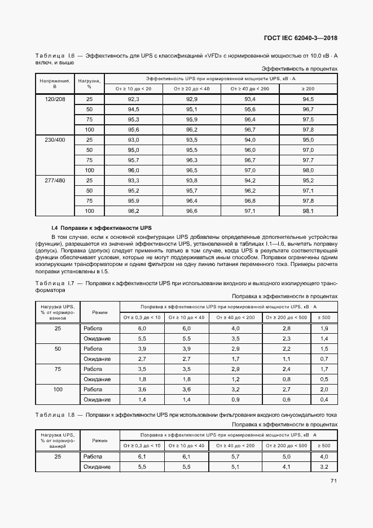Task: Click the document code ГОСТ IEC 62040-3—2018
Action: (304, 38)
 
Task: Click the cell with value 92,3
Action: (134, 99)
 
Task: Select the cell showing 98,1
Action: (308, 211)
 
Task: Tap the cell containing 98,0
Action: (308, 170)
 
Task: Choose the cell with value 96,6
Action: (192, 211)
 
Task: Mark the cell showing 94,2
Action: (250, 180)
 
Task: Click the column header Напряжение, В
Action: (55, 84)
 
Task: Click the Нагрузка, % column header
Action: (89, 84)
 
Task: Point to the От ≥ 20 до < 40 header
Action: (192, 89)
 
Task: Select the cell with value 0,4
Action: (324, 399)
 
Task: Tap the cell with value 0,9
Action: (235, 399)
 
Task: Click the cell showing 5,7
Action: (235, 456)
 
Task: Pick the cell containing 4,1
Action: (287, 467)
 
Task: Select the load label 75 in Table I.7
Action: (58, 369)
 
